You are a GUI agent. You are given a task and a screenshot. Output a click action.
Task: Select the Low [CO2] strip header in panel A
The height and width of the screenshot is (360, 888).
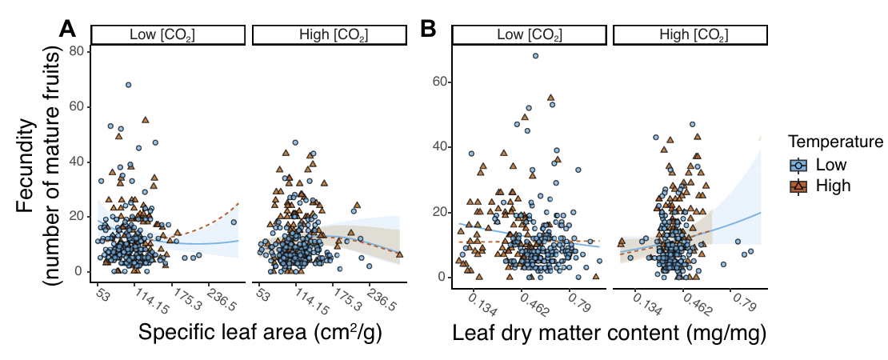(167, 35)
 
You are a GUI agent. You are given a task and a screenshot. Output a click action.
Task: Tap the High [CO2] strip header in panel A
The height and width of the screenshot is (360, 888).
(329, 35)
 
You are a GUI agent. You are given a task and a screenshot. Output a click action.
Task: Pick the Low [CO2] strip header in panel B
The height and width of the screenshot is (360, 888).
(529, 35)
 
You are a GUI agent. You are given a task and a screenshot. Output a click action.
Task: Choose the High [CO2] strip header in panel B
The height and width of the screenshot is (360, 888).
(690, 35)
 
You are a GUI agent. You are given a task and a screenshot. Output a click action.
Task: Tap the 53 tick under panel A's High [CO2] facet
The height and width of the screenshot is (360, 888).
(262, 293)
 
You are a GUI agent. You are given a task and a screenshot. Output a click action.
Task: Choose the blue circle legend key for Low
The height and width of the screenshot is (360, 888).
(798, 165)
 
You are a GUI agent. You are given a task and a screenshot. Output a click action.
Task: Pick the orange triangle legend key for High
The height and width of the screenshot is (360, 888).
(798, 186)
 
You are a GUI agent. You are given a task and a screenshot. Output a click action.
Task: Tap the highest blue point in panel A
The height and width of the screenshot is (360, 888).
(128, 85)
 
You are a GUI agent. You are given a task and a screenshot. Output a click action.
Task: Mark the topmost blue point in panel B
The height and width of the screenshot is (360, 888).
(535, 56)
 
